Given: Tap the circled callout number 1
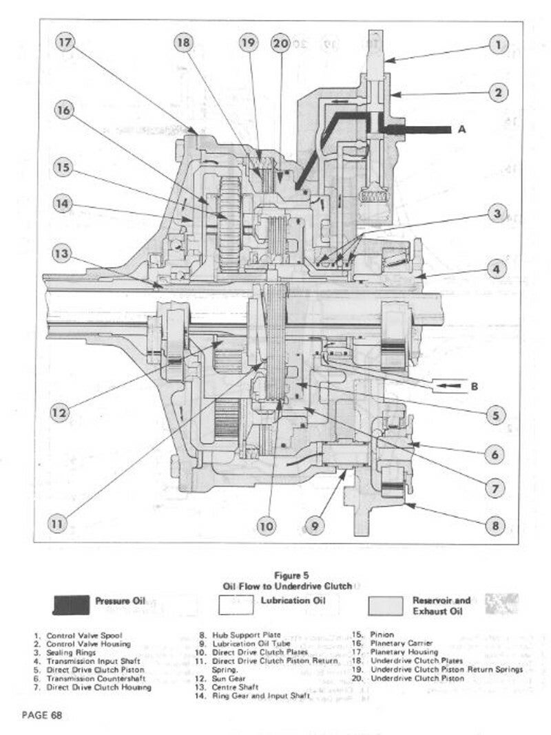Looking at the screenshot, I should click(x=498, y=46).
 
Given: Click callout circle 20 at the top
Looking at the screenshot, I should click(x=280, y=43).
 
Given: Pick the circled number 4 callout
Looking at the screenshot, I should click(x=495, y=270).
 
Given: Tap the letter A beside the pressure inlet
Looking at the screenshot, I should click(x=461, y=129).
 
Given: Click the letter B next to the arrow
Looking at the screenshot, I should click(x=474, y=387).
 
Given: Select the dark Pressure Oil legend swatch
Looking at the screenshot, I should click(x=70, y=604).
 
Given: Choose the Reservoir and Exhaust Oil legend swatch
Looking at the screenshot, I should click(x=385, y=604).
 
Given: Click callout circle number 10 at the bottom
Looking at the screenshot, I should click(x=267, y=526).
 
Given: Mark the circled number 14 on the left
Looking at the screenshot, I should click(x=63, y=204).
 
